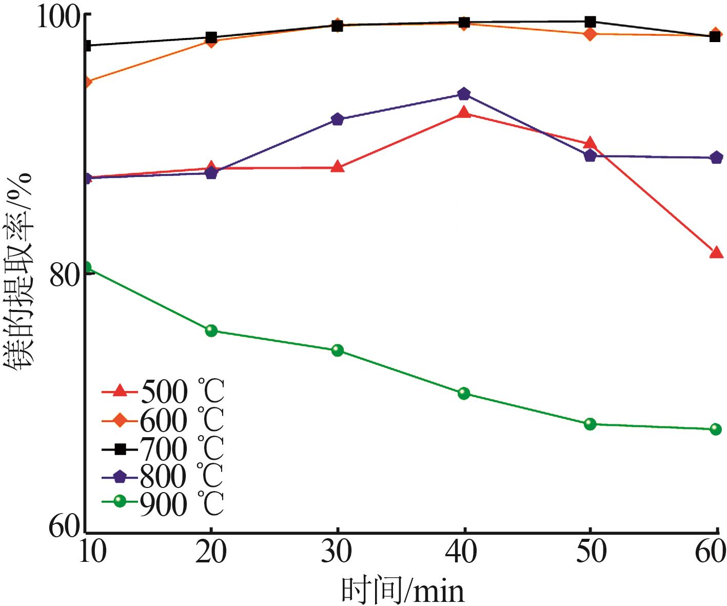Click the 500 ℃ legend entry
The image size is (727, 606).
coord(163,392)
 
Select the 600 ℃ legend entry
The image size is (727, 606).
coord(163,421)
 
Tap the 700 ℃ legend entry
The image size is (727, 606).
coord(163,449)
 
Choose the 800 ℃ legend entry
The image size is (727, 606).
coord(163,477)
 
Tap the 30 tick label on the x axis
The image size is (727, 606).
coord(337,552)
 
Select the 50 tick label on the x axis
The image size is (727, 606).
coord(591,552)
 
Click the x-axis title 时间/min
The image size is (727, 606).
coord(403,591)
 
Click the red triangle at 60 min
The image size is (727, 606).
coord(716,252)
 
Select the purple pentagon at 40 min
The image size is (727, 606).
coord(464,94)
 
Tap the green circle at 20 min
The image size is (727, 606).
coord(211,330)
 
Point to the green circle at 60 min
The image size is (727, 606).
coord(716,429)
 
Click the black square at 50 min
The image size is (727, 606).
coord(591,22)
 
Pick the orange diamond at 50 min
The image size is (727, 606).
coord(591,34)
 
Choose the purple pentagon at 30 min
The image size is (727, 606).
coord(337,120)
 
